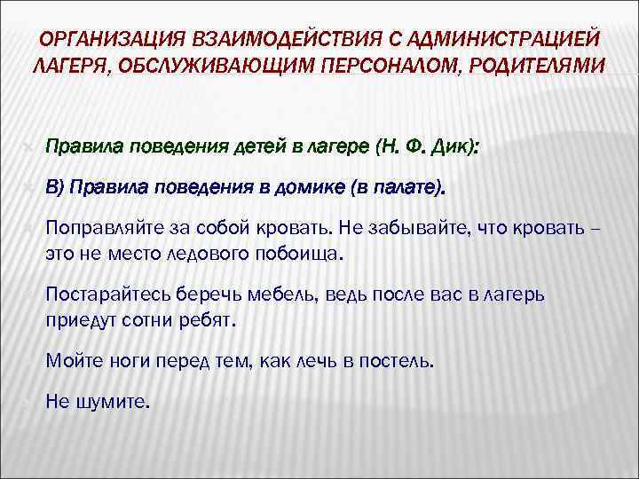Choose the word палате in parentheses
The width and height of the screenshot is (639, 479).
pyautogui.click(x=405, y=187)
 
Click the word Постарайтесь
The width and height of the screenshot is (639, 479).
pyautogui.click(x=103, y=294)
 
